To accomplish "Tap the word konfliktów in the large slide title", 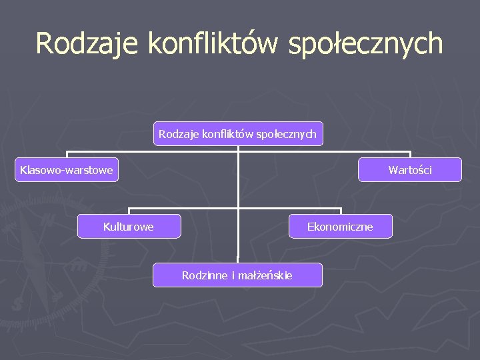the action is coord(214,43).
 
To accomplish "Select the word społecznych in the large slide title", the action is coord(367,43).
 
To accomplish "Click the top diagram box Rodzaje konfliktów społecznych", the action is coord(238,133).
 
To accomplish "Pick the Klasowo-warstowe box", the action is coord(67,170).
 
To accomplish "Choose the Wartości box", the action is coord(409,170).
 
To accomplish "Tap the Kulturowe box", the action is coord(129,227).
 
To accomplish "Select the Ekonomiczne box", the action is coord(341,227).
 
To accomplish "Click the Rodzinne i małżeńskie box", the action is coord(237,275).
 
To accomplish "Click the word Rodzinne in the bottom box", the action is coord(205,275).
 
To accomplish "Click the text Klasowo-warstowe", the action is coord(67,170).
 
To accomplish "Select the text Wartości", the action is coord(410,170).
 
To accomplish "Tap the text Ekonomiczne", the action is coord(340,227).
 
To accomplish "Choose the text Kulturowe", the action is coord(128,227).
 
